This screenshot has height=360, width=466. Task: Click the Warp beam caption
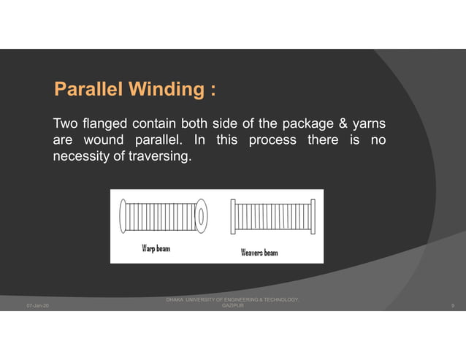click(155, 248)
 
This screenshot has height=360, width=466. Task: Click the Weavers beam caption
click(259, 253)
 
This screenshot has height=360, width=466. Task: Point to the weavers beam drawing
click(272, 216)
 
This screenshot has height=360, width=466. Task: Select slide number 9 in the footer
click(454, 305)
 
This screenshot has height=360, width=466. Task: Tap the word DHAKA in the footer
click(175, 299)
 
